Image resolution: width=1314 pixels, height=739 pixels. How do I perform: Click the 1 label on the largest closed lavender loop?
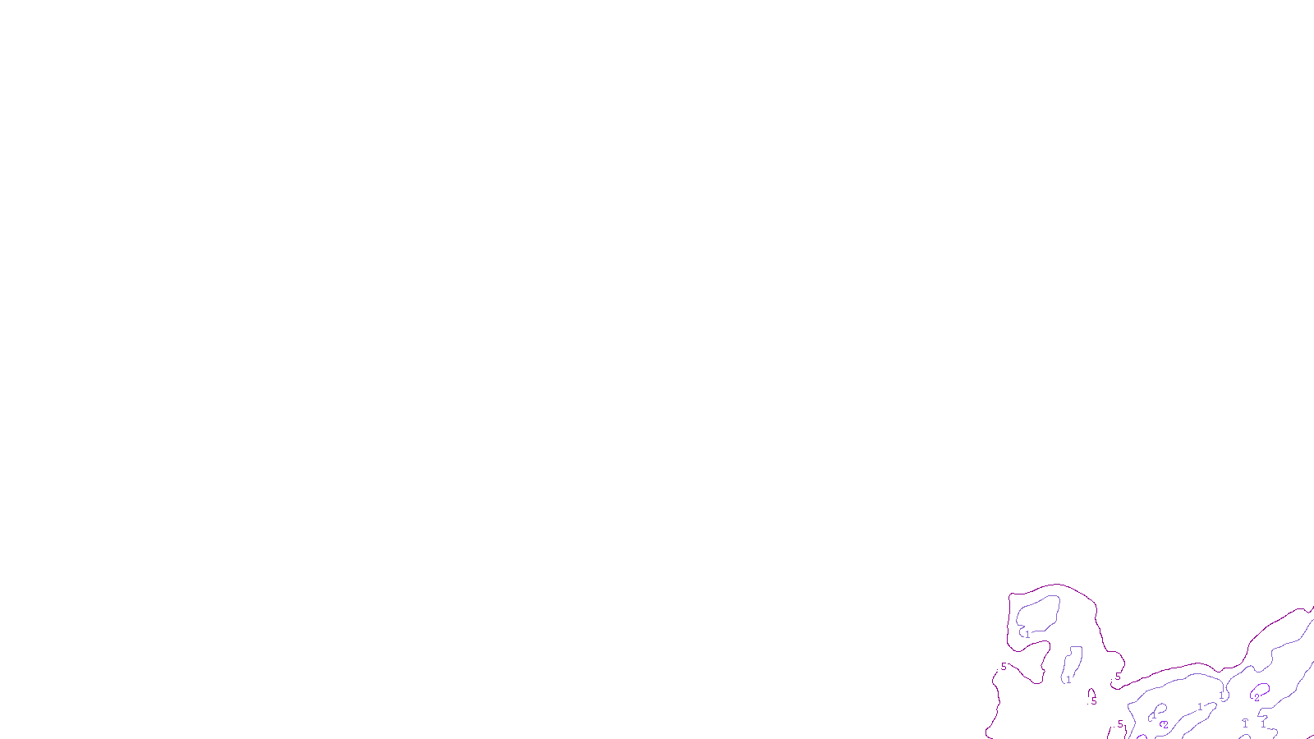(1027, 635)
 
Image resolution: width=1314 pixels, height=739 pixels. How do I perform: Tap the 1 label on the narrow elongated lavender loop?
(1068, 680)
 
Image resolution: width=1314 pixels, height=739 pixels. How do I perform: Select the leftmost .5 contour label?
(1003, 667)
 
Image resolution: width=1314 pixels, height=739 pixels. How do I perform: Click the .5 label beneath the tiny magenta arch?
(1093, 702)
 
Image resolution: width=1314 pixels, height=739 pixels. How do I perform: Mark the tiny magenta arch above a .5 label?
(1091, 691)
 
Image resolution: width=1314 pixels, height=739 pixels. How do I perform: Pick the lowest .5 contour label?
(1119, 724)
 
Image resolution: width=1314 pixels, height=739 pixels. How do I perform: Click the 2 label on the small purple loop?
(1257, 698)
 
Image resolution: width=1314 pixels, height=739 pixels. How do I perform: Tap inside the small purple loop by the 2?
(1261, 689)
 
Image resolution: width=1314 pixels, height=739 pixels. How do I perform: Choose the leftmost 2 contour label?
(1165, 725)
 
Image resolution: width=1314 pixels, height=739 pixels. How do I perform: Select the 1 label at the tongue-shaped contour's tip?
(1200, 707)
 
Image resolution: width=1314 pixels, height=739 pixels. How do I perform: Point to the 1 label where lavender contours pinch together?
(1221, 695)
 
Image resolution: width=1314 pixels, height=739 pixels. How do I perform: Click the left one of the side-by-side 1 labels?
(1245, 723)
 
